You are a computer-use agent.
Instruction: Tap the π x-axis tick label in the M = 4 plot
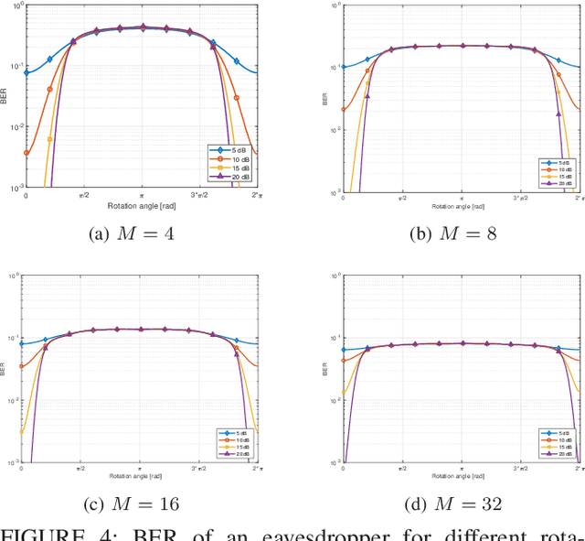pyautogui.click(x=141, y=196)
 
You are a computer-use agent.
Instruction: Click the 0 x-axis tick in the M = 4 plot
pyautogui.click(x=25, y=196)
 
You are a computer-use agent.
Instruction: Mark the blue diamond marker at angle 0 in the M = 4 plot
pyautogui.click(x=26, y=72)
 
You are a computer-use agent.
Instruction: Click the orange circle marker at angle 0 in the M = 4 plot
pyautogui.click(x=26, y=154)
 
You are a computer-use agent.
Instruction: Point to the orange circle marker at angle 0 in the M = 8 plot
pyautogui.click(x=344, y=110)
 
